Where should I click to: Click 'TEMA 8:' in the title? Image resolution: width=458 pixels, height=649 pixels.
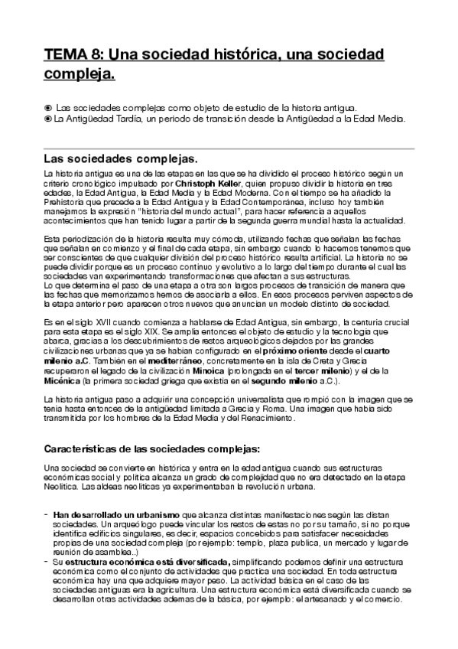[x=75, y=55]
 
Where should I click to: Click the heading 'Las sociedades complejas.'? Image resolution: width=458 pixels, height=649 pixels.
[x=121, y=160]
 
